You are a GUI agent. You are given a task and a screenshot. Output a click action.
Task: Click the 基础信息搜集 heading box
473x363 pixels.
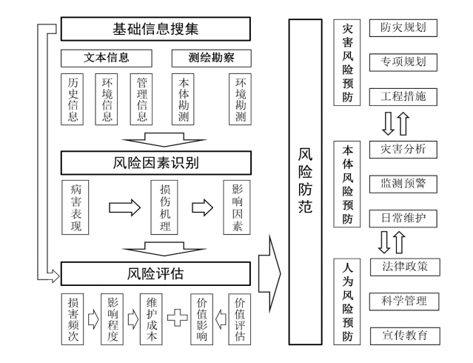[x=155, y=30]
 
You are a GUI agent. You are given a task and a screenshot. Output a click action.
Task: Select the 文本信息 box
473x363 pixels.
[x=106, y=57]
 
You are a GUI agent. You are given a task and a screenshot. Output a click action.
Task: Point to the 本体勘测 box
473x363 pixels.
[x=183, y=99]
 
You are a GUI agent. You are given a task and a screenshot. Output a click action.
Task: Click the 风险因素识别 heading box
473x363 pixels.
[x=155, y=161]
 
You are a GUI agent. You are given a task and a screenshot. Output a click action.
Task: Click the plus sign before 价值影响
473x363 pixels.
[x=178, y=318]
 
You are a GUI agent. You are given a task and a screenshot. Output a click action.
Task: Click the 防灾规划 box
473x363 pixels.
[x=403, y=29]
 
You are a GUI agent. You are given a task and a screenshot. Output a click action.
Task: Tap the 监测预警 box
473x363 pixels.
[x=403, y=183]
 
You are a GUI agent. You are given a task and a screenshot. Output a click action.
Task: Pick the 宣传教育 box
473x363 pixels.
[x=403, y=334]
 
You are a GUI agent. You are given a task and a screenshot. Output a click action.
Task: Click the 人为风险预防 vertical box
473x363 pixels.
[x=348, y=301]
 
